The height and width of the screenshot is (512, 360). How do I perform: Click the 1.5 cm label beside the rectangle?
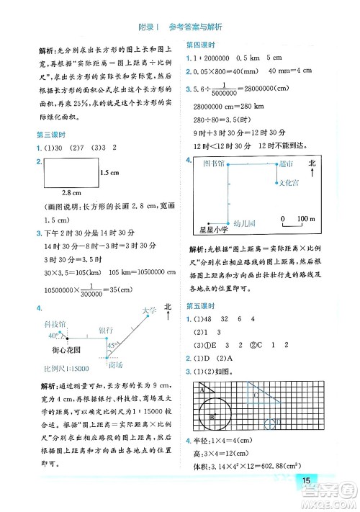pos(109,173)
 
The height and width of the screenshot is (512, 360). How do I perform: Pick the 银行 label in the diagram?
pos(106,330)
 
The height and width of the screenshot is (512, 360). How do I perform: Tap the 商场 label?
pos(118,365)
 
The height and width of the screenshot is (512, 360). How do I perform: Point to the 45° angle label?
pos(112,346)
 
